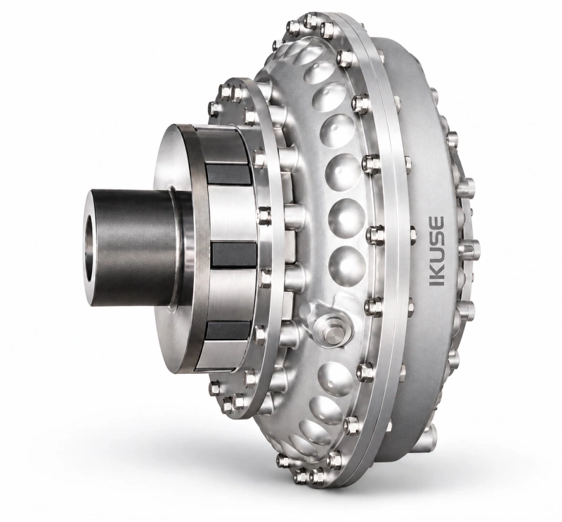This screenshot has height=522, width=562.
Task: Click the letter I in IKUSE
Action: click(x=436, y=281)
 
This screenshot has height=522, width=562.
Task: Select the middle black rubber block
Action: click(x=234, y=255)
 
